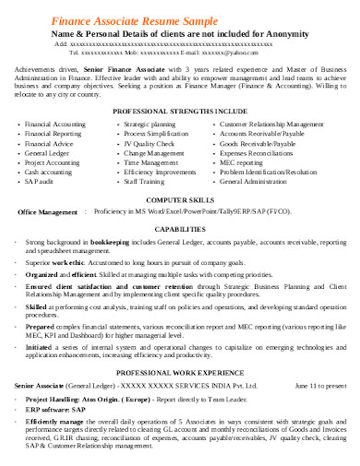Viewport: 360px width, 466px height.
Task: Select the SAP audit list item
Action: (x=40, y=182)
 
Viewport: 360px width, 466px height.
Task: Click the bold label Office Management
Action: (x=48, y=212)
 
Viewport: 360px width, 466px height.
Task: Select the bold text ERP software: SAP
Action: (x=54, y=410)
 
